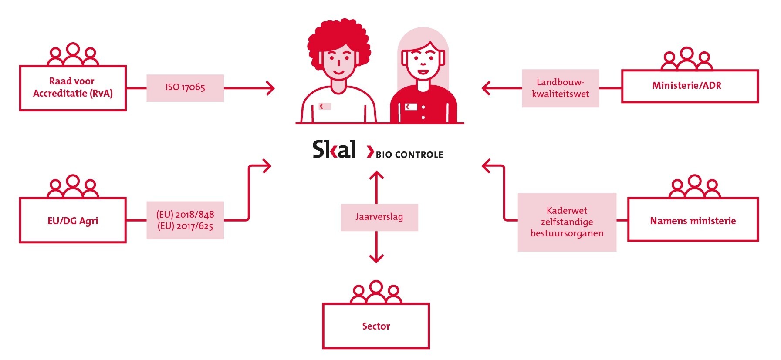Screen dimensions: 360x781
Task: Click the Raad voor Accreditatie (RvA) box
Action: click(73, 88)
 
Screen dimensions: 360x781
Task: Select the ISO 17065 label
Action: click(185, 87)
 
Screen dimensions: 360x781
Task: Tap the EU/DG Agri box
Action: click(73, 220)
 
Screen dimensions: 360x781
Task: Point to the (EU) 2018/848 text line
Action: click(185, 214)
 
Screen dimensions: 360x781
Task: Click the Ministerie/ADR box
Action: click(690, 86)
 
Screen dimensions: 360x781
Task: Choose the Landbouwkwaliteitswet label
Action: click(560, 88)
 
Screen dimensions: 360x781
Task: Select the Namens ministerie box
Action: click(693, 220)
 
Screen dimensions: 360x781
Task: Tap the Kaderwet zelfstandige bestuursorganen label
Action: click(567, 222)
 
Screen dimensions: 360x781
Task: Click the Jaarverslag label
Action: click(379, 217)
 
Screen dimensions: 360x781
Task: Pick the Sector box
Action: click(376, 326)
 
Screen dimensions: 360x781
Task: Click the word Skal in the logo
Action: click(334, 149)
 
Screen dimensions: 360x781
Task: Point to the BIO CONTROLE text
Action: click(409, 155)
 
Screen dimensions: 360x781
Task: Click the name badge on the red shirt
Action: click(411, 107)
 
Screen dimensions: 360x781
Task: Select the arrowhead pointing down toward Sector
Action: click(376, 258)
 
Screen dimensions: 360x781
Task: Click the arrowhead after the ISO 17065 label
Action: click(271, 88)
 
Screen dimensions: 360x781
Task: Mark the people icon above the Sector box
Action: click(376, 292)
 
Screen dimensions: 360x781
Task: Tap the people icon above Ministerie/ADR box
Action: click(686, 59)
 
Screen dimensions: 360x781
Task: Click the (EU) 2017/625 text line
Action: click(185, 226)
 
